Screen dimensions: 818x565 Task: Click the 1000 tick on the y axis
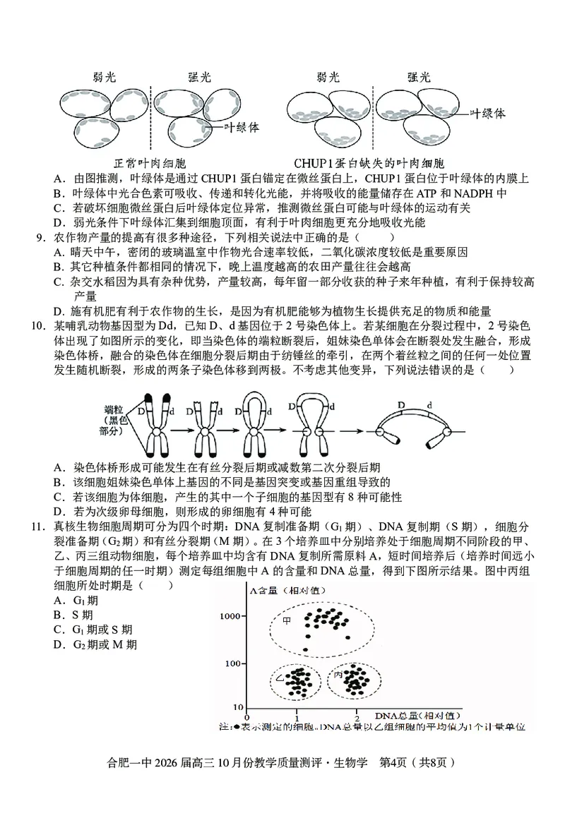pyautogui.click(x=233, y=616)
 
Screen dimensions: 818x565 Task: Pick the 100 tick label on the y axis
pyautogui.click(x=236, y=663)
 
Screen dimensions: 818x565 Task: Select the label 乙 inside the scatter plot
pyautogui.click(x=280, y=678)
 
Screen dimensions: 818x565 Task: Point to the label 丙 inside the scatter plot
pyautogui.click(x=338, y=676)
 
